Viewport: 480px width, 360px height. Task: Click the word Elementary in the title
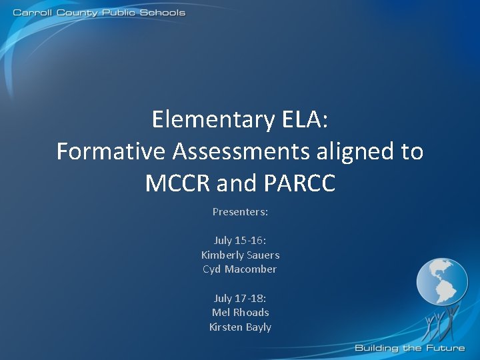[213, 120]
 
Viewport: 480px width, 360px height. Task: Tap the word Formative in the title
[111, 152]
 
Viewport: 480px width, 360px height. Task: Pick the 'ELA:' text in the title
[305, 120]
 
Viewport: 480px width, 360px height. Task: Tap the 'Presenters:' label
[240, 211]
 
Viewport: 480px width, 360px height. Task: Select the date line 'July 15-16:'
[240, 240]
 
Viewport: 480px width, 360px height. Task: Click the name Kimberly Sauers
[240, 255]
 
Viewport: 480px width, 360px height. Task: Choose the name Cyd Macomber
[240, 269]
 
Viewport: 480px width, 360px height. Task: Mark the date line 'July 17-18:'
[240, 298]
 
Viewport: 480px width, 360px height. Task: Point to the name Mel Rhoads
[240, 313]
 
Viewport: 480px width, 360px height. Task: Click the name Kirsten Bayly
[240, 327]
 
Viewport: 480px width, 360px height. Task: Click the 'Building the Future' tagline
[409, 348]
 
